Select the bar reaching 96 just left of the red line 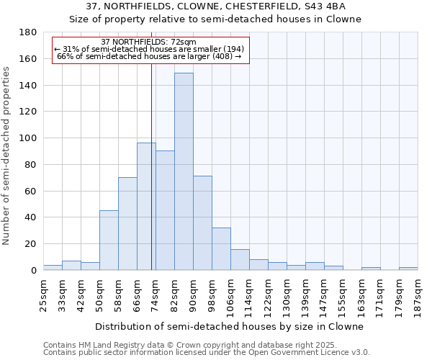tap(146, 206)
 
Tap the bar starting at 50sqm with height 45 tap(109, 240)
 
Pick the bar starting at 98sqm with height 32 tap(221, 248)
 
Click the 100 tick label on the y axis tap(30, 138)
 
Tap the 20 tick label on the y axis tap(32, 244)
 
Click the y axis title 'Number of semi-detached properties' tap(7, 156)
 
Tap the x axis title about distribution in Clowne tap(229, 326)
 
